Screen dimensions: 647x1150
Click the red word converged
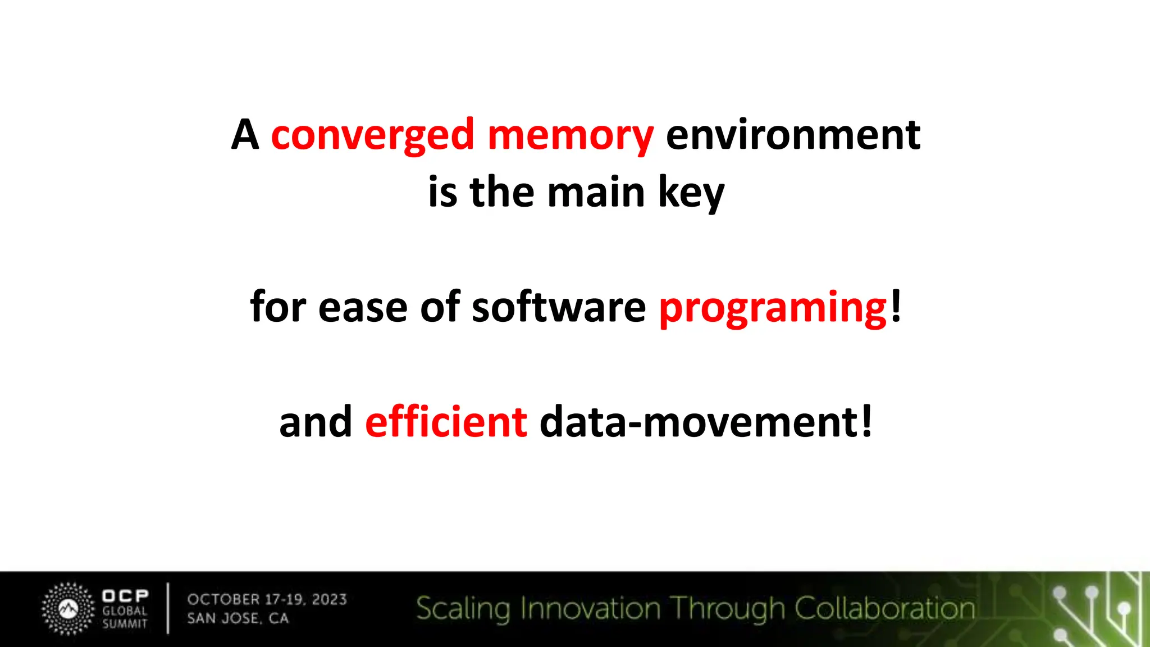click(x=373, y=136)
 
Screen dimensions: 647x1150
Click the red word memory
click(x=570, y=136)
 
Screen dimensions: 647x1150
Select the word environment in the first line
click(x=793, y=135)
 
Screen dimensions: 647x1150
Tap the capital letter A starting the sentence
click(x=245, y=135)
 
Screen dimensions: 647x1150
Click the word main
click(x=596, y=192)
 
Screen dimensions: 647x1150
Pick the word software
click(x=559, y=307)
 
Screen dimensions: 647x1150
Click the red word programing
click(x=773, y=308)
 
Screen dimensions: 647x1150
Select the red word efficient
click(x=446, y=422)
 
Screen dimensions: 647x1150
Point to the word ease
click(x=362, y=308)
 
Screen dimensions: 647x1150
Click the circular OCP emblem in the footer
click(x=69, y=609)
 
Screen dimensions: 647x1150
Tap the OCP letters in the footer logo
click(x=125, y=595)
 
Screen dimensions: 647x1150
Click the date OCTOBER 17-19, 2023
click(x=267, y=599)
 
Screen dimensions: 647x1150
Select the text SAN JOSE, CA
click(x=238, y=618)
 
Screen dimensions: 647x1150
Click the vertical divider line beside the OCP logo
click(x=168, y=608)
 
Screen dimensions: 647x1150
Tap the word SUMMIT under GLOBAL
click(x=125, y=623)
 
